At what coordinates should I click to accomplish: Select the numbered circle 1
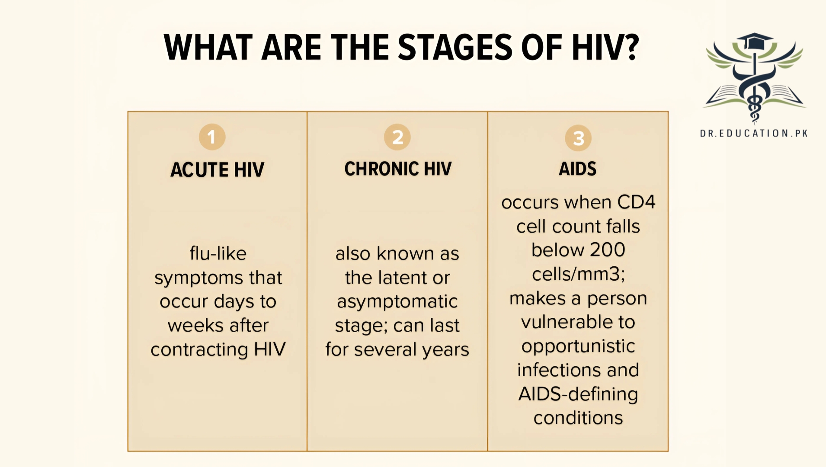tap(212, 137)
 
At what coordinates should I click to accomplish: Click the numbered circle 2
tap(397, 138)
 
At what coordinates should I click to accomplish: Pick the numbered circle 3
tap(578, 138)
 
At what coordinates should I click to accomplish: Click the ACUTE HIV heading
tap(217, 170)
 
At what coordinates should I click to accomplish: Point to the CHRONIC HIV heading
tap(397, 169)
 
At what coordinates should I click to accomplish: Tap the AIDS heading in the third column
tap(577, 169)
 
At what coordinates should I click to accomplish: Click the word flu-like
tap(218, 253)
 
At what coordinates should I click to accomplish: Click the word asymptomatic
tap(397, 301)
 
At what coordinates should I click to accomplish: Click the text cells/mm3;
tap(578, 274)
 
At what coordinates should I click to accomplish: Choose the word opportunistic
tap(578, 346)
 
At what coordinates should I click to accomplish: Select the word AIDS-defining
tap(578, 394)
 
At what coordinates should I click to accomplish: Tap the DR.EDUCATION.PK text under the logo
tap(754, 134)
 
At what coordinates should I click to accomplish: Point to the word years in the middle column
tap(445, 350)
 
